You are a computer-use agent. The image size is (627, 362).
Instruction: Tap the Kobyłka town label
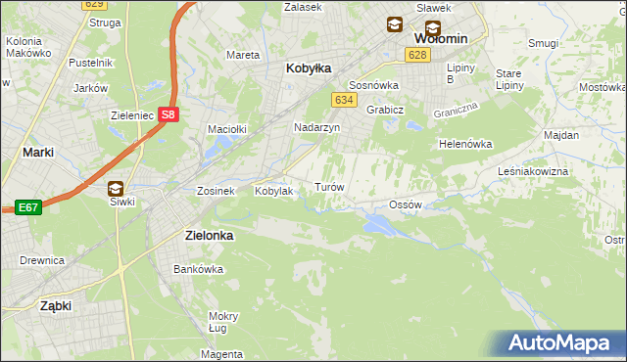pos(309,68)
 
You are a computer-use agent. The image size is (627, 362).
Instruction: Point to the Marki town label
pos(37,153)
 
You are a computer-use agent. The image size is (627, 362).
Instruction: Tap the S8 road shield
pos(170,114)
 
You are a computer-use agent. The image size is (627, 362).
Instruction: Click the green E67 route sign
pos(26,207)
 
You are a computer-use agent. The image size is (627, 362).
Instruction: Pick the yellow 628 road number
pos(418,55)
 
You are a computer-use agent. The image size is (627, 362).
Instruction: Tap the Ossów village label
pos(405,204)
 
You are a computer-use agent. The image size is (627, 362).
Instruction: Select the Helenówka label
pos(464,144)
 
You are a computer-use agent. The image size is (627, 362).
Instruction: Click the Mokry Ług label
pos(223,322)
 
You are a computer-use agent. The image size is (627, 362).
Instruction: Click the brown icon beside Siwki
pos(116,189)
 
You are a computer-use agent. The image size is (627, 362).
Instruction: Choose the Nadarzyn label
pos(316,128)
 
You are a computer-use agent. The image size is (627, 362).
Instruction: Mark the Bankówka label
pos(193,268)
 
